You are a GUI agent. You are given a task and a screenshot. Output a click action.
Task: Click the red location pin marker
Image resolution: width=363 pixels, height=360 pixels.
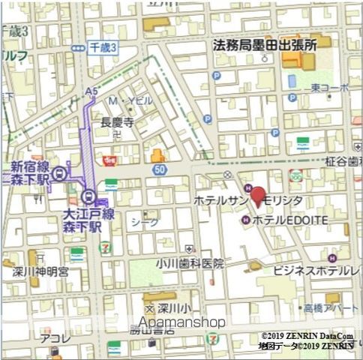257,196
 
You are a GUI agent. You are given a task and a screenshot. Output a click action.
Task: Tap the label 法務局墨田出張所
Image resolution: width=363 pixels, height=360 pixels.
265,45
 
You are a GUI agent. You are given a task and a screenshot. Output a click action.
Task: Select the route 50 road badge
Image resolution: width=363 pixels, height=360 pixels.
158,170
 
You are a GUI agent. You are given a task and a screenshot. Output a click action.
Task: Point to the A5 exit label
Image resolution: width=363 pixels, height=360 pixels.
91,91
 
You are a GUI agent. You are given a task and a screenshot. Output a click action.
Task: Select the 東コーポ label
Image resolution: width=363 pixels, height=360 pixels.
331,88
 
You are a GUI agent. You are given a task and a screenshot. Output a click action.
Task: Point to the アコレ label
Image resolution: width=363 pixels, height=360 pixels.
56,338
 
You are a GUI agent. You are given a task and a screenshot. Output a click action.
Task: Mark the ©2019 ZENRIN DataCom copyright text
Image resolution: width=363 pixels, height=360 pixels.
307,335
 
